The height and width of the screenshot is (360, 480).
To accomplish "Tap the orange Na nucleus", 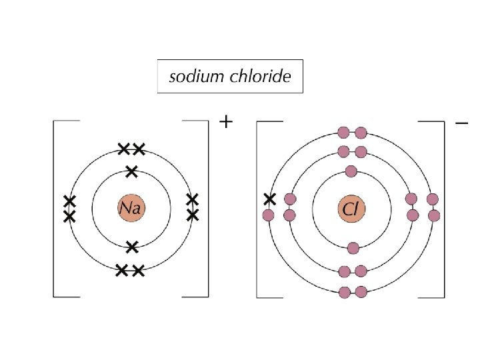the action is click(131, 209).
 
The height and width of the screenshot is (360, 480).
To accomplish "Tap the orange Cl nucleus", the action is click(351, 209).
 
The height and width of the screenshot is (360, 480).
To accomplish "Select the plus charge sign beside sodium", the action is click(227, 122).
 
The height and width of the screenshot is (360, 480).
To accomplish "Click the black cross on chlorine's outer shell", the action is click(269, 199).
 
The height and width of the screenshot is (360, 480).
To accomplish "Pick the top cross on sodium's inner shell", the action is click(131, 171).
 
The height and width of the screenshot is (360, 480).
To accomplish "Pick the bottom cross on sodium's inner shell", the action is click(132, 247).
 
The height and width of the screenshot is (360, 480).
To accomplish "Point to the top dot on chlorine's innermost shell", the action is click(352, 171).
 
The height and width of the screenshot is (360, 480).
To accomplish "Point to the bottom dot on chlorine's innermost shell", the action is click(353, 248).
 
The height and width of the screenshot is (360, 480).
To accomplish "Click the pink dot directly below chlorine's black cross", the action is click(269, 215).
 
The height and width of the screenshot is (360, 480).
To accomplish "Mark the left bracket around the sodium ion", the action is click(55, 208).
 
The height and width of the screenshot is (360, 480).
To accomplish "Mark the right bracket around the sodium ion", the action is click(207, 208).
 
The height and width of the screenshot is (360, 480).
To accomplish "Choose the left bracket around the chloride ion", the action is click(259, 208).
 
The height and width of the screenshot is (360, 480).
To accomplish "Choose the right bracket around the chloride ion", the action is click(442, 208).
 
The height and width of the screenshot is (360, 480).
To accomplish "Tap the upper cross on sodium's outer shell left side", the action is click(69, 201).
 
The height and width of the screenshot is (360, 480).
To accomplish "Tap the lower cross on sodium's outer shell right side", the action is click(193, 215).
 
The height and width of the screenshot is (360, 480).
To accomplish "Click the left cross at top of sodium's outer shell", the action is click(123, 149).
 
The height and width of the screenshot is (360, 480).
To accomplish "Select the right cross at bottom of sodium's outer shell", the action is click(138, 270).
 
